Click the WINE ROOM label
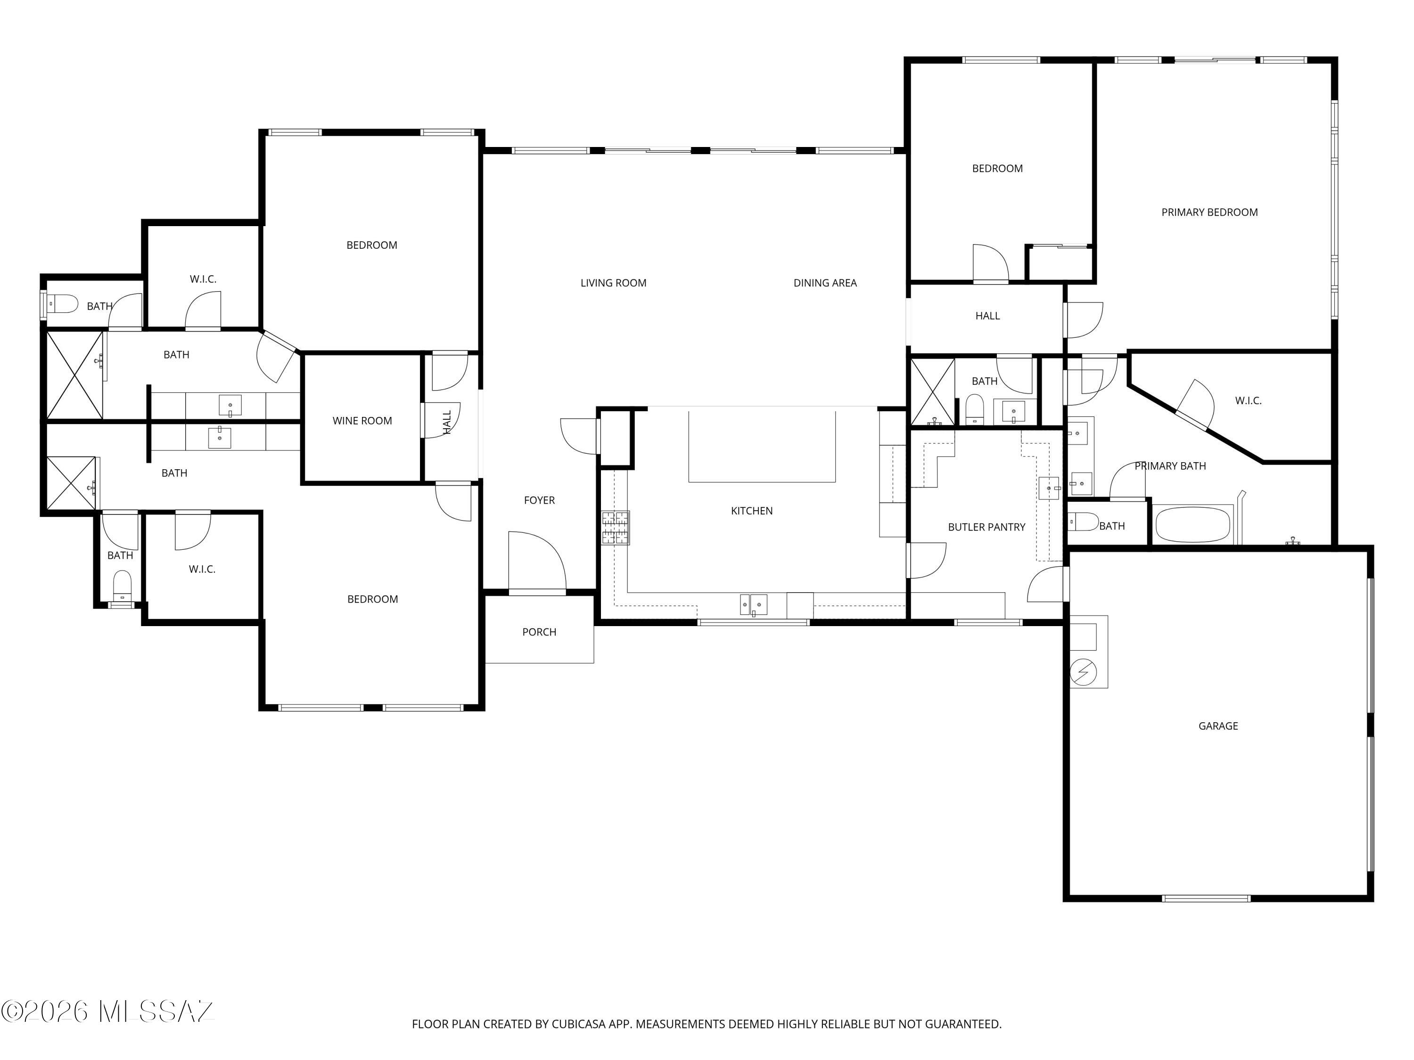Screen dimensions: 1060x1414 click(362, 420)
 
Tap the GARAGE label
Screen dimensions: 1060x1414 click(1218, 726)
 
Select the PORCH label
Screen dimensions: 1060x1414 click(539, 632)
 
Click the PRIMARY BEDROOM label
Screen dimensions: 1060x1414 click(1209, 212)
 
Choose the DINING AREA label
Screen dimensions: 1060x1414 click(825, 283)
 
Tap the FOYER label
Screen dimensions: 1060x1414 click(539, 500)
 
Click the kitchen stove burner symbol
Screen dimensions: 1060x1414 click(615, 528)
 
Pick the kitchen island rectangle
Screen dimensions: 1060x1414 click(761, 446)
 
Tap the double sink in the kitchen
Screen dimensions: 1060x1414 click(753, 604)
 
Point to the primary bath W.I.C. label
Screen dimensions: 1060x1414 click(1248, 400)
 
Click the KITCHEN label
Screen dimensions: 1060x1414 click(751, 511)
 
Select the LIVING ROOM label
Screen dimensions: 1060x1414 click(613, 283)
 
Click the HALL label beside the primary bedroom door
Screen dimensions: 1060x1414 click(987, 316)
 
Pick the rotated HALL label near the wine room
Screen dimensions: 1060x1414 click(447, 422)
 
